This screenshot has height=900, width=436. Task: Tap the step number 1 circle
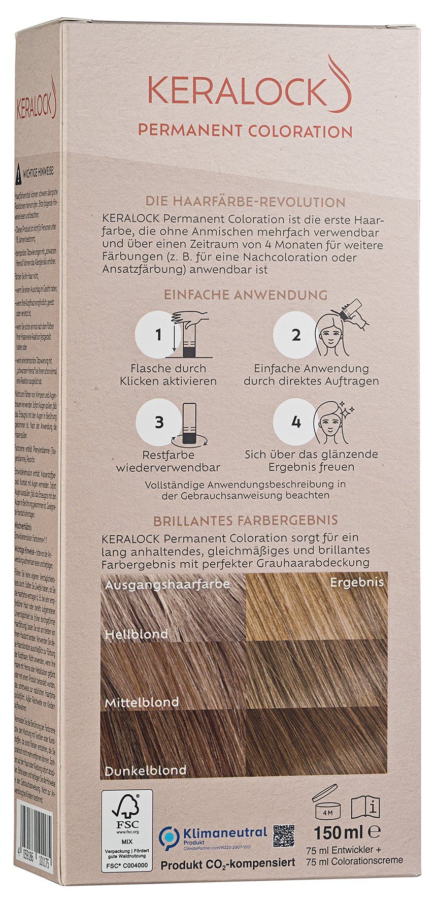tap(159, 335)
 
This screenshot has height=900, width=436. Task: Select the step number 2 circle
tap(296, 335)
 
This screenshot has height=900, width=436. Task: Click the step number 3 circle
tap(159, 422)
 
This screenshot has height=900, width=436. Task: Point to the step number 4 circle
tap(296, 422)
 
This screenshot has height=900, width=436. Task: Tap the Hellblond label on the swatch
tap(137, 634)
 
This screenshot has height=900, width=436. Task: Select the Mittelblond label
tap(142, 702)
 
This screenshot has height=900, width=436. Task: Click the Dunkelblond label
tap(146, 770)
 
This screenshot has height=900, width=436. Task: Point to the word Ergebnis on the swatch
tap(357, 582)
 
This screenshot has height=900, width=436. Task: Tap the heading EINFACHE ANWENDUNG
tap(245, 295)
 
